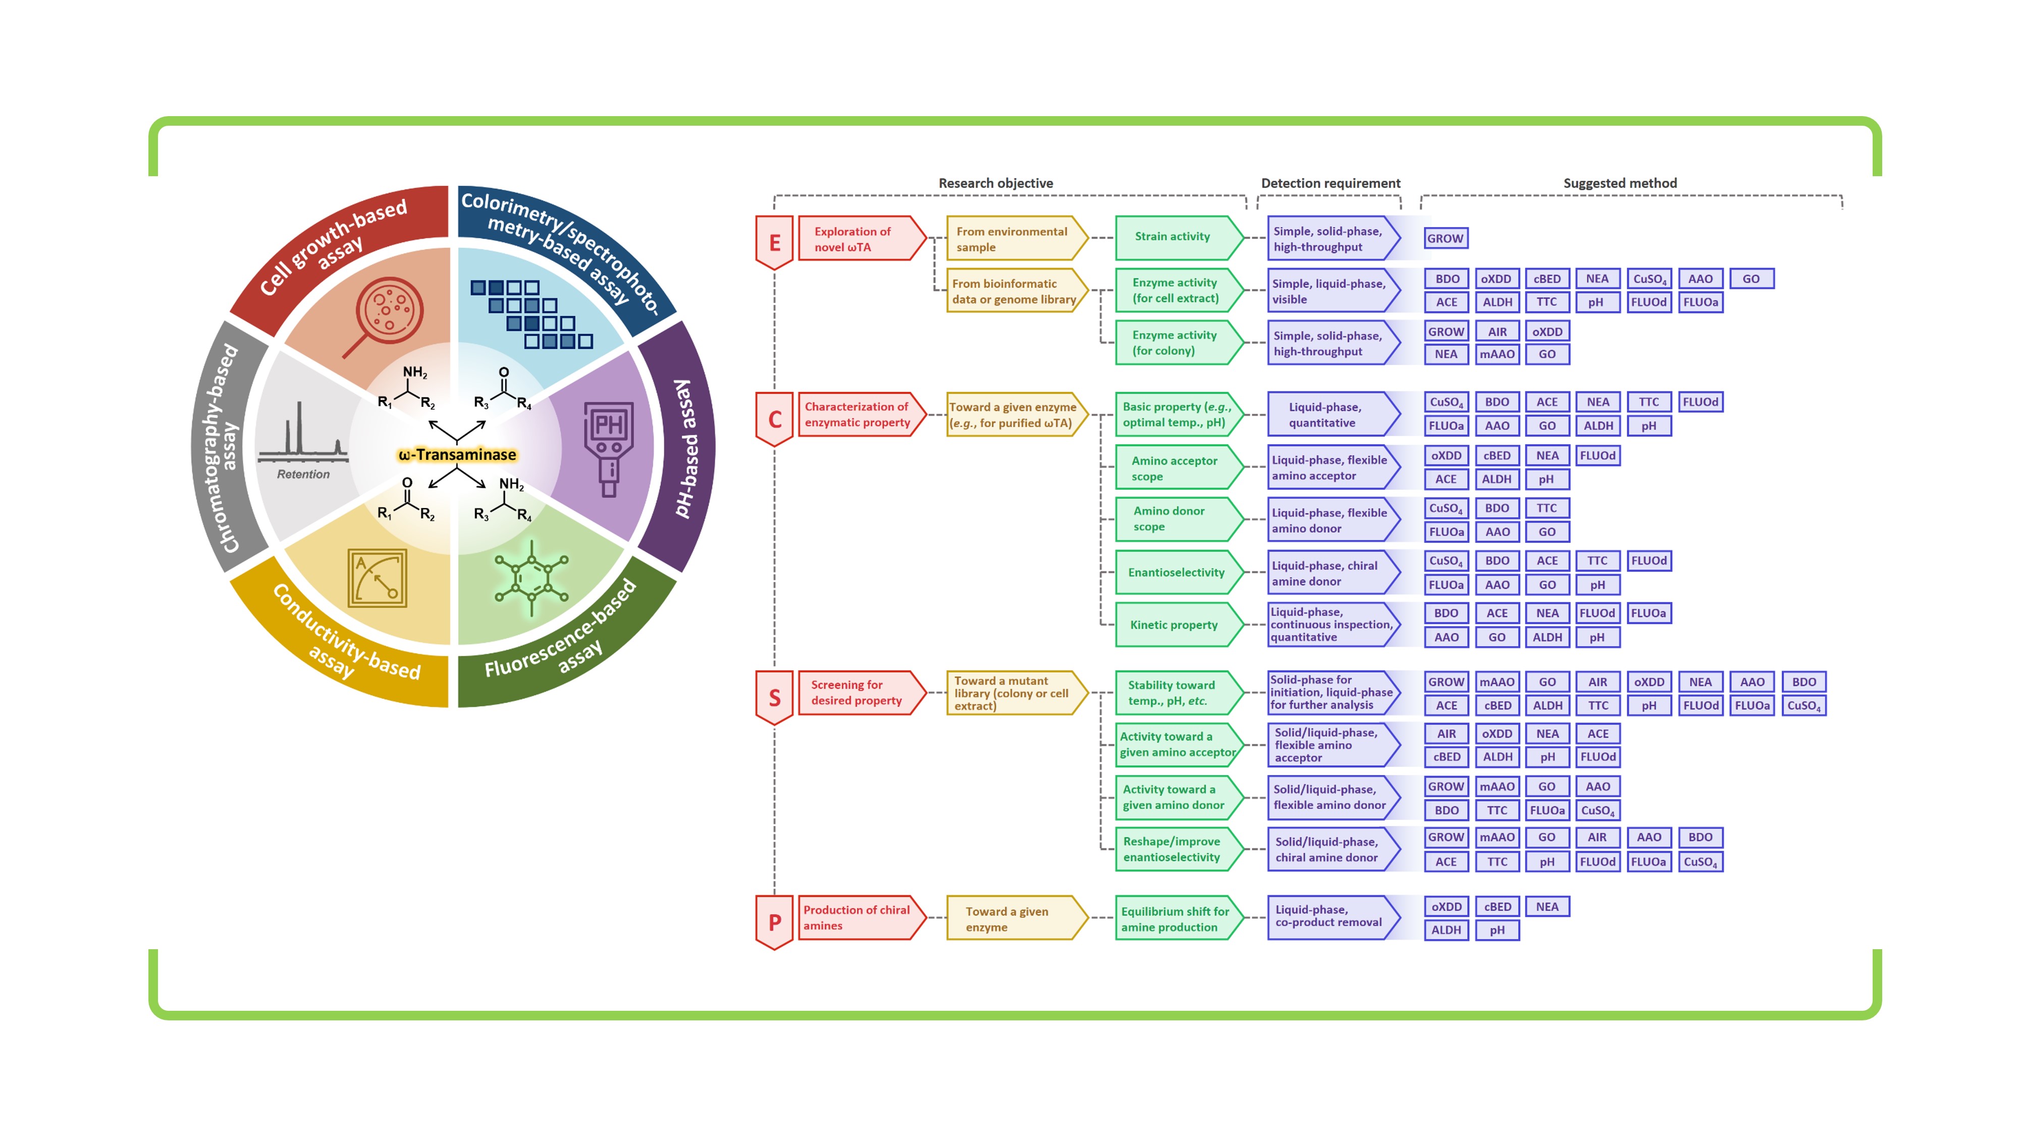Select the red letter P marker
tap(774, 922)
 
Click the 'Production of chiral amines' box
tap(862, 917)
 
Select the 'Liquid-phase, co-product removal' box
tap(1333, 917)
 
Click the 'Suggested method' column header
tap(1620, 183)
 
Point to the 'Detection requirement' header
tap(1330, 183)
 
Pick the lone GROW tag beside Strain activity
tap(1445, 238)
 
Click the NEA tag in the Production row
tap(1547, 906)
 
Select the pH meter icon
tap(609, 449)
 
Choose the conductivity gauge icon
tap(377, 579)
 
